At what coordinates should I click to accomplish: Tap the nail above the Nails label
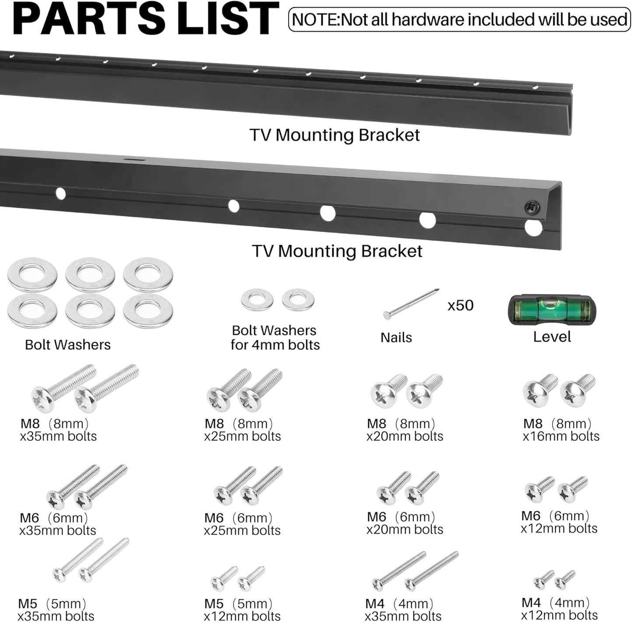click(411, 304)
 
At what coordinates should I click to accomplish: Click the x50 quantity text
click(461, 305)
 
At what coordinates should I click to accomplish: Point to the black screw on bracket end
click(532, 207)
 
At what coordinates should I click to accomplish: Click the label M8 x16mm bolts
click(561, 430)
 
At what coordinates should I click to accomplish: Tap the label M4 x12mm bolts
click(559, 608)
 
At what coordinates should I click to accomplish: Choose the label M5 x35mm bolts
click(56, 610)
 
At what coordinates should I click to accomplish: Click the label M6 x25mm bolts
click(242, 524)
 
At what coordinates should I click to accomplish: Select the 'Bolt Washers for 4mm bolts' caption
click(275, 338)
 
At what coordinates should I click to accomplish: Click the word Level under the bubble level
click(552, 337)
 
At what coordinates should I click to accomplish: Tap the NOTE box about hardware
click(460, 19)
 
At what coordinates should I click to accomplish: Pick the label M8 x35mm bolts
click(58, 430)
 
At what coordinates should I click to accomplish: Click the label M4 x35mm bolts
click(403, 610)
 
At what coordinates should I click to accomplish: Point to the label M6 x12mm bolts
click(559, 522)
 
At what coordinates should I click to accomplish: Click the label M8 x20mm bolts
click(405, 430)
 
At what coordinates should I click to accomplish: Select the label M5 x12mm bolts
click(242, 610)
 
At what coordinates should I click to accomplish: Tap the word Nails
click(396, 338)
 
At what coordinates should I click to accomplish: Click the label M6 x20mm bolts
click(405, 523)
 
